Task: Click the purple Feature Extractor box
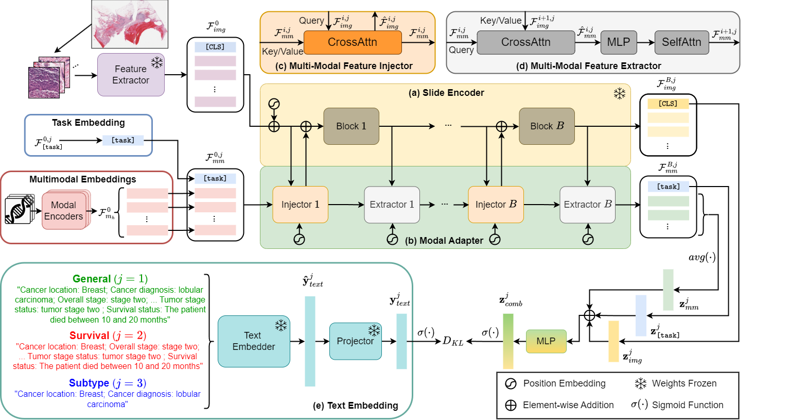pyautogui.click(x=131, y=75)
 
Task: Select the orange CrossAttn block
pyautogui.click(x=353, y=42)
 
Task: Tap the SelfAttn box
pyautogui.click(x=681, y=42)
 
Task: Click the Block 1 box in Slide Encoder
pyautogui.click(x=351, y=126)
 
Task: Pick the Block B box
pyautogui.click(x=547, y=126)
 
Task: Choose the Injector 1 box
pyautogui.click(x=301, y=205)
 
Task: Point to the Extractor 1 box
pyautogui.click(x=392, y=205)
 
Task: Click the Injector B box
pyautogui.click(x=496, y=205)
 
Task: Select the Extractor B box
pyautogui.click(x=588, y=205)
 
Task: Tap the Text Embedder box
pyautogui.click(x=254, y=341)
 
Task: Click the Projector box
pyautogui.click(x=356, y=341)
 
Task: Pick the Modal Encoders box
pyautogui.click(x=64, y=211)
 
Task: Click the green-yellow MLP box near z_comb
pyautogui.click(x=546, y=341)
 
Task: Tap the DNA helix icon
pyautogui.click(x=19, y=210)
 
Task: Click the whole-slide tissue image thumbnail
pyautogui.click(x=130, y=24)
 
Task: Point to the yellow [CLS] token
pyautogui.click(x=668, y=104)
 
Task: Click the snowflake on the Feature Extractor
pyautogui.click(x=156, y=62)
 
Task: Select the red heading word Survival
pyautogui.click(x=90, y=335)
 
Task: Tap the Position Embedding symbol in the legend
pyautogui.click(x=511, y=383)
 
